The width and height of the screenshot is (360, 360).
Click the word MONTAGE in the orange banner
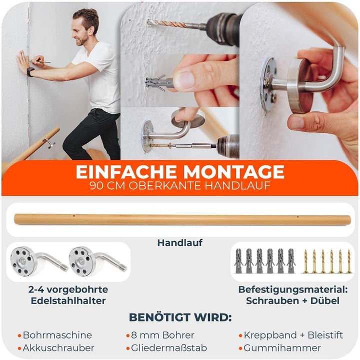[x=234, y=172]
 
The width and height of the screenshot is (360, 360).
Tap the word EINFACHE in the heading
[x=126, y=172]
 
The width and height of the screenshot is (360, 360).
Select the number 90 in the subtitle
[x=96, y=186]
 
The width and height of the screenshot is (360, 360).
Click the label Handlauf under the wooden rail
[x=180, y=243]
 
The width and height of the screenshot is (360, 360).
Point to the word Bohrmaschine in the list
[x=57, y=335]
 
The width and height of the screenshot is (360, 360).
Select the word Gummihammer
[x=282, y=348]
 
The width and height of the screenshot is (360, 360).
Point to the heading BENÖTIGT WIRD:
[x=180, y=317]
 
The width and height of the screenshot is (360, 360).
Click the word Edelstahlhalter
[x=68, y=301]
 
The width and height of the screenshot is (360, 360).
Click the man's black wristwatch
[x=30, y=72]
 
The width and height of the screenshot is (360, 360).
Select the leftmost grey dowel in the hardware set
[x=238, y=261]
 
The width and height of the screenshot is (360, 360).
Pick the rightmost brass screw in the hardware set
[x=349, y=261]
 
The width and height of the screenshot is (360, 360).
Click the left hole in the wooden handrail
[x=73, y=216]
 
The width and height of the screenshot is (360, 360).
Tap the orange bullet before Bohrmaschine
[x=19, y=336]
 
